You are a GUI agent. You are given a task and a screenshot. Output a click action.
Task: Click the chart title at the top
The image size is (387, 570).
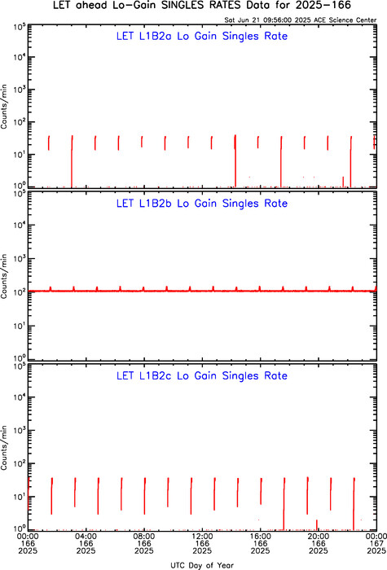(x=202, y=6)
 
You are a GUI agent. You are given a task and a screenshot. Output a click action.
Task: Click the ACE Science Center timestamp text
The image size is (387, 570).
(x=301, y=20)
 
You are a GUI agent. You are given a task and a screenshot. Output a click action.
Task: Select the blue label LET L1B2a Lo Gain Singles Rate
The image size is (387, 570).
(x=202, y=36)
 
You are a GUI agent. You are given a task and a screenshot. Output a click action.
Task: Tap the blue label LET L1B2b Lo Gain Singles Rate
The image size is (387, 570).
(x=202, y=204)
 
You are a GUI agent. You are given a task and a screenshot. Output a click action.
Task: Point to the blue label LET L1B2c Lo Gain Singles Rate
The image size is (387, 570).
(x=202, y=375)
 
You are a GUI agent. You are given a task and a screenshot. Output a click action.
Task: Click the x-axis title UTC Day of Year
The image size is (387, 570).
(x=202, y=565)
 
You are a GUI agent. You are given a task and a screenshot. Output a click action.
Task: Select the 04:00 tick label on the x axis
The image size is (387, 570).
(x=86, y=543)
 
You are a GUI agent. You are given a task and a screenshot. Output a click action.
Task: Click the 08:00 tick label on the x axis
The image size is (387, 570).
(x=144, y=543)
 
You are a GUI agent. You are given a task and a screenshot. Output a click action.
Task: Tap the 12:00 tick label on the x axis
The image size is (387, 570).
(x=202, y=543)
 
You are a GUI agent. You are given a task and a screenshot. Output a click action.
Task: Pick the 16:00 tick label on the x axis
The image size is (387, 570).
(x=261, y=543)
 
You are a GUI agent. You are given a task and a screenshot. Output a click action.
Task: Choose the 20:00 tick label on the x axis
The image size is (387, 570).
(x=319, y=543)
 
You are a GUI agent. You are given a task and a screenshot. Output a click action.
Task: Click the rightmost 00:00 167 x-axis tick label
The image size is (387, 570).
(x=376, y=543)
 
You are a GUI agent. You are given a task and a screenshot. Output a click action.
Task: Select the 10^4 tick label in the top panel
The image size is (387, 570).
(x=19, y=57)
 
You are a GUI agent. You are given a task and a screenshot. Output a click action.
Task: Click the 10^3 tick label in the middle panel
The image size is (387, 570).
(x=19, y=258)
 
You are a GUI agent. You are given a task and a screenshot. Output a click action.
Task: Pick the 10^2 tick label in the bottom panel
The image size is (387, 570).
(x=19, y=463)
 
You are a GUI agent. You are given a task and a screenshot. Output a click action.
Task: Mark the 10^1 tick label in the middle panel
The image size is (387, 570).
(x=19, y=326)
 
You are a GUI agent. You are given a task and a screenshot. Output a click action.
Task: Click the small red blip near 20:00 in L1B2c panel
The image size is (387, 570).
(x=317, y=524)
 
